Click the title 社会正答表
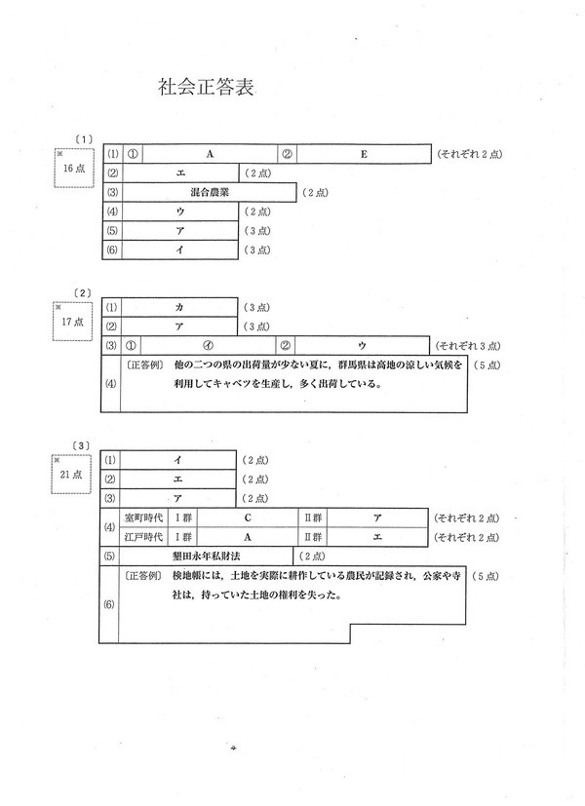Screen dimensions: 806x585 point(206,87)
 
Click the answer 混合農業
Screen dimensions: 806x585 point(210,193)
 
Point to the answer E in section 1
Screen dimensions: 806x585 point(364,154)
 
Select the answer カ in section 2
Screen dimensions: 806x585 point(179,307)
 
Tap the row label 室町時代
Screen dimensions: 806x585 point(142,518)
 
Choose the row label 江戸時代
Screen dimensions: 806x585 point(142,535)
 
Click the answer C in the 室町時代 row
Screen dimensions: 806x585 point(248,518)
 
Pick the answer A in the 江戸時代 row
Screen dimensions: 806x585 point(248,535)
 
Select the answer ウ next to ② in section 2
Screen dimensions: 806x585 point(361,345)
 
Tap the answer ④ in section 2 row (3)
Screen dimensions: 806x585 point(208,345)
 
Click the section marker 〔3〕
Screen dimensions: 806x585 point(82,444)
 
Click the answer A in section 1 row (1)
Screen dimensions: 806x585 point(210,154)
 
